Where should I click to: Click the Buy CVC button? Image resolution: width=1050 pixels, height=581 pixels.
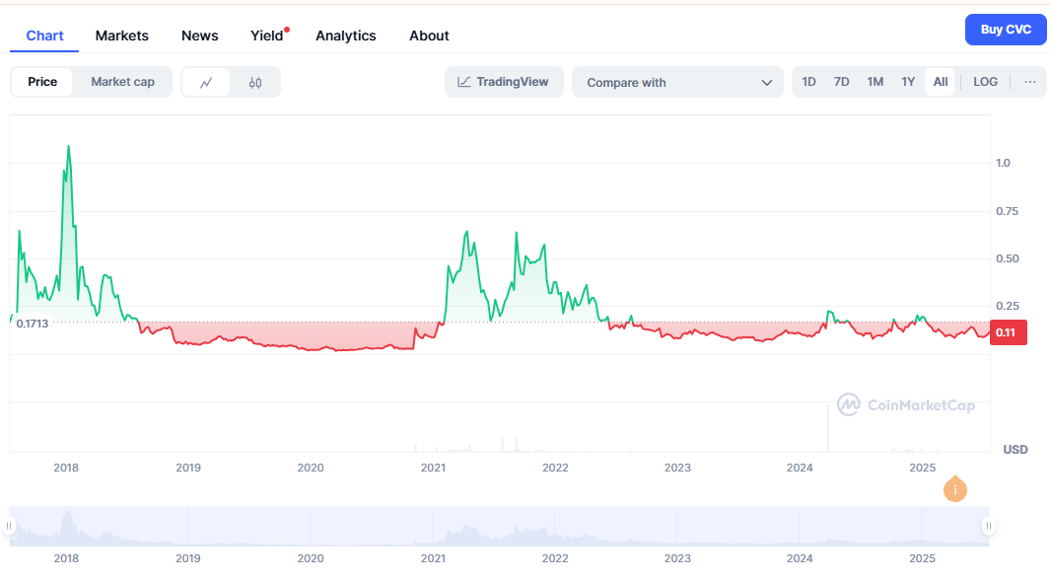point(1006,30)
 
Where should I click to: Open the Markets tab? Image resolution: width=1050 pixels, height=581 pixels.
point(122,36)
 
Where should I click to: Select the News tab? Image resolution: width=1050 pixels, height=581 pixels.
point(200,36)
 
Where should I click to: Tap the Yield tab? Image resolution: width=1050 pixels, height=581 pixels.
point(267,36)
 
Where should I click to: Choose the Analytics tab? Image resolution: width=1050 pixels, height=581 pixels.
point(346,36)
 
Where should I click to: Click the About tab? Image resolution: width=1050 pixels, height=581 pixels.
point(429,36)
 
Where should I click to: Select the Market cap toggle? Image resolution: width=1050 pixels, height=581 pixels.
point(122,82)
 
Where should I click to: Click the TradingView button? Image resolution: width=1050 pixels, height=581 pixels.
point(504,82)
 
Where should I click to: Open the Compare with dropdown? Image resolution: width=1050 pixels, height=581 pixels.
point(677,83)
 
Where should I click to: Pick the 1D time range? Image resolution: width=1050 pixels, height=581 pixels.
point(808,82)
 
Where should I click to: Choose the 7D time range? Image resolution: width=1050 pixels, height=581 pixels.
point(841,82)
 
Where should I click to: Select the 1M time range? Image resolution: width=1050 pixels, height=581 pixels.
point(875,82)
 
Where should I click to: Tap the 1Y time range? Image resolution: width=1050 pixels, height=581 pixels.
point(908,82)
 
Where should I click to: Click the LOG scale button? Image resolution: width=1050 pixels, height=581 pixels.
point(985,82)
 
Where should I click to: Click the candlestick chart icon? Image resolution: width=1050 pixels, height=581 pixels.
point(255,83)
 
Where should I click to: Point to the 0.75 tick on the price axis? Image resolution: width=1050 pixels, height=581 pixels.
point(1007,211)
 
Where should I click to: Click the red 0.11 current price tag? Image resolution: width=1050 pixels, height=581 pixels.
point(1006,332)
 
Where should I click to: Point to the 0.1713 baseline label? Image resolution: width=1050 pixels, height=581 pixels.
point(33,324)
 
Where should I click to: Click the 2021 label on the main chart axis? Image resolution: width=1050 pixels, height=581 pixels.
point(433,468)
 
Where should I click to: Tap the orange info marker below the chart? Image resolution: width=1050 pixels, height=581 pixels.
point(954,489)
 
